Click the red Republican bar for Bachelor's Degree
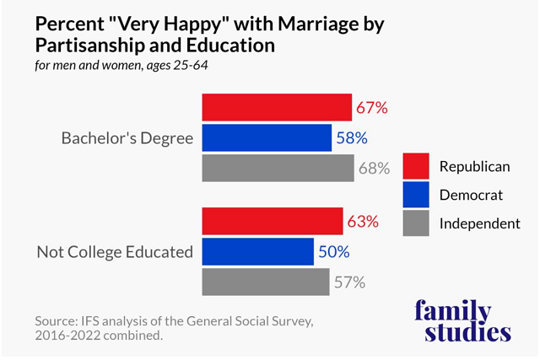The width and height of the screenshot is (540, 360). coord(277,107)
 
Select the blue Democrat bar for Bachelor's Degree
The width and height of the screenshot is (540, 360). coord(267,137)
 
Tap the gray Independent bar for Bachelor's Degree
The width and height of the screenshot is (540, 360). coord(278,168)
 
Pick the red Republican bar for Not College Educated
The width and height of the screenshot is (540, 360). coord(272,221)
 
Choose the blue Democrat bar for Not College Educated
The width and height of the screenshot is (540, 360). coord(257,251)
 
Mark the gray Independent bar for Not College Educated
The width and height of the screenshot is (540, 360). coord(266,282)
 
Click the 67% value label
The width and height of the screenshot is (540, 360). coord(373,108)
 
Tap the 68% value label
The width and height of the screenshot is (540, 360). coord(375,169)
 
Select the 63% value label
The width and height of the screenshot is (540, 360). coord(364,222)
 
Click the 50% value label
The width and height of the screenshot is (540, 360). coord(334,252)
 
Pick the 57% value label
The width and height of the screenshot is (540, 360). coord(349,282)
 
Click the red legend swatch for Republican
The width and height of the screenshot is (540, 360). coord(418,166)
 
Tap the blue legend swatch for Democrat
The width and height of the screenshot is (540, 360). coord(418,195)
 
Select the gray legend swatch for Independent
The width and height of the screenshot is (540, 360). coord(418,223)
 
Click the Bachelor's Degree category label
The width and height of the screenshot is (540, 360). coord(126,137)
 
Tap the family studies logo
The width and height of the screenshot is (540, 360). coord(462,320)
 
